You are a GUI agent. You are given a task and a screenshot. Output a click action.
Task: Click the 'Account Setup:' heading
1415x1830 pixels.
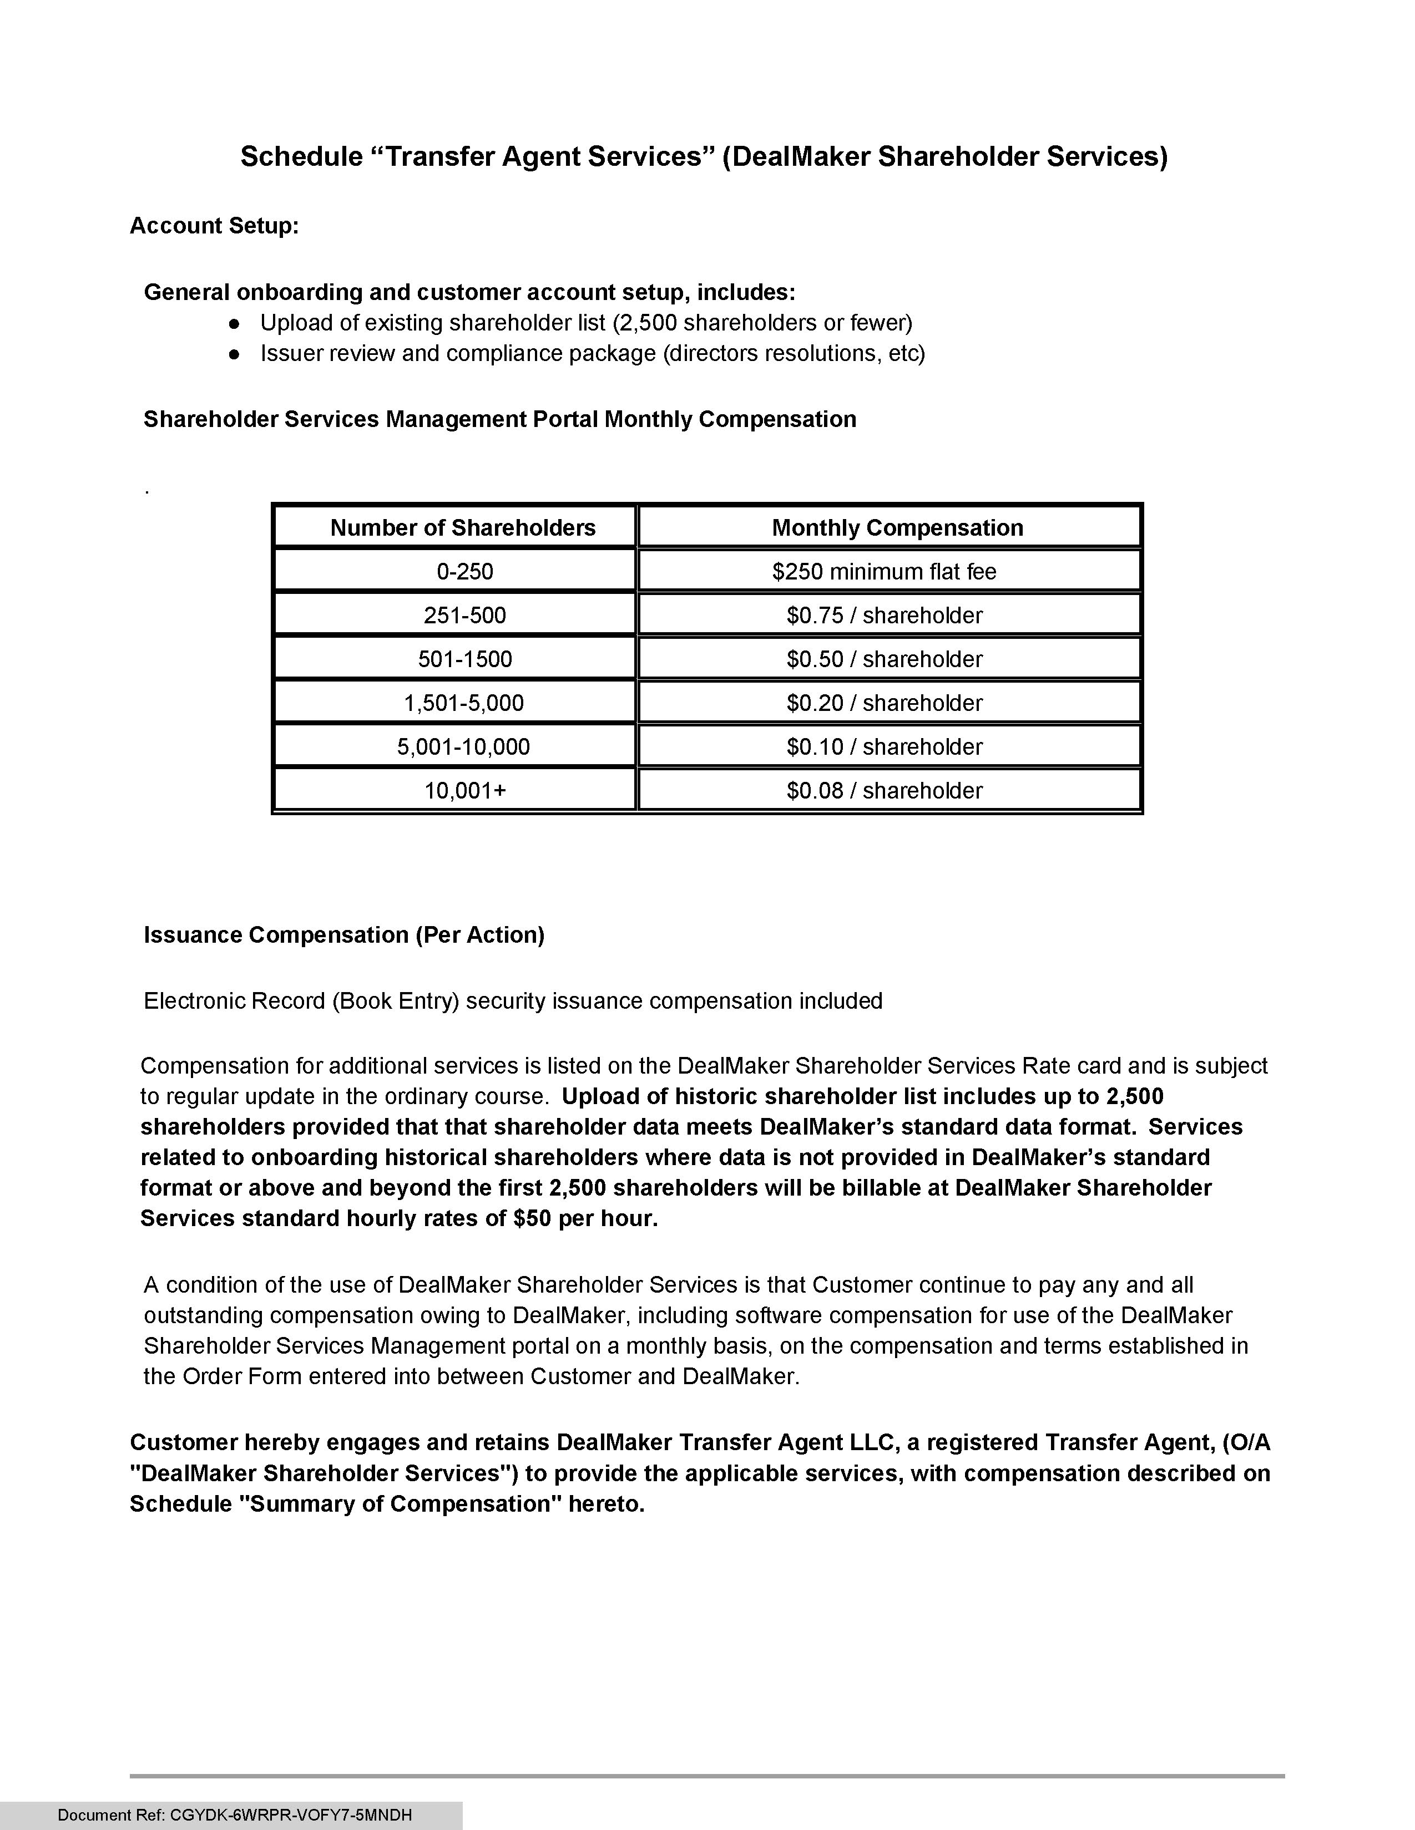214,226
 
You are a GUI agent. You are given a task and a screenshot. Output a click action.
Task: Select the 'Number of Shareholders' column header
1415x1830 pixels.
463,528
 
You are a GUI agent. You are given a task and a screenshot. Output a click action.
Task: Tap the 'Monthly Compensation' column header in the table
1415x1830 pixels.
897,528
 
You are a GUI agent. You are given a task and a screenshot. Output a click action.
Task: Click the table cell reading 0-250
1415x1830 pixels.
464,571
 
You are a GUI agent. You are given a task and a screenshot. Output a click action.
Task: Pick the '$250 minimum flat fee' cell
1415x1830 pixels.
885,571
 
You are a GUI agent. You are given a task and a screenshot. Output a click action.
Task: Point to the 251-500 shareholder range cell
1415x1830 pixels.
464,615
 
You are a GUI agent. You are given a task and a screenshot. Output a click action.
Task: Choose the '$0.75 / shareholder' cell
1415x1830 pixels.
885,615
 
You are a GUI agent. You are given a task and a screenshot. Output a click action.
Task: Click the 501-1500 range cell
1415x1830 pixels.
464,659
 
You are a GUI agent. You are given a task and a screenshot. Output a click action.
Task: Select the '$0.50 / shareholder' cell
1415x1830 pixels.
885,659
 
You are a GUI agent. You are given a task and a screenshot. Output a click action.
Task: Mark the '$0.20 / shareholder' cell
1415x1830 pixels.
885,703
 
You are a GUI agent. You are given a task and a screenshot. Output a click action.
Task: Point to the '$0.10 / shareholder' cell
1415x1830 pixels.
885,746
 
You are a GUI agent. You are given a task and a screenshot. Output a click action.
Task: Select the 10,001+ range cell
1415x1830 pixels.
465,790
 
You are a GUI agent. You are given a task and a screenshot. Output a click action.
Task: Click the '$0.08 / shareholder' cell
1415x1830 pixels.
885,790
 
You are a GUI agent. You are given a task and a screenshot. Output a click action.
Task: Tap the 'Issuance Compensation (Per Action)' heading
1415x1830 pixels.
343,935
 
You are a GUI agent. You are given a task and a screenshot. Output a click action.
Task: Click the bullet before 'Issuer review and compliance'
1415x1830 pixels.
235,354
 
